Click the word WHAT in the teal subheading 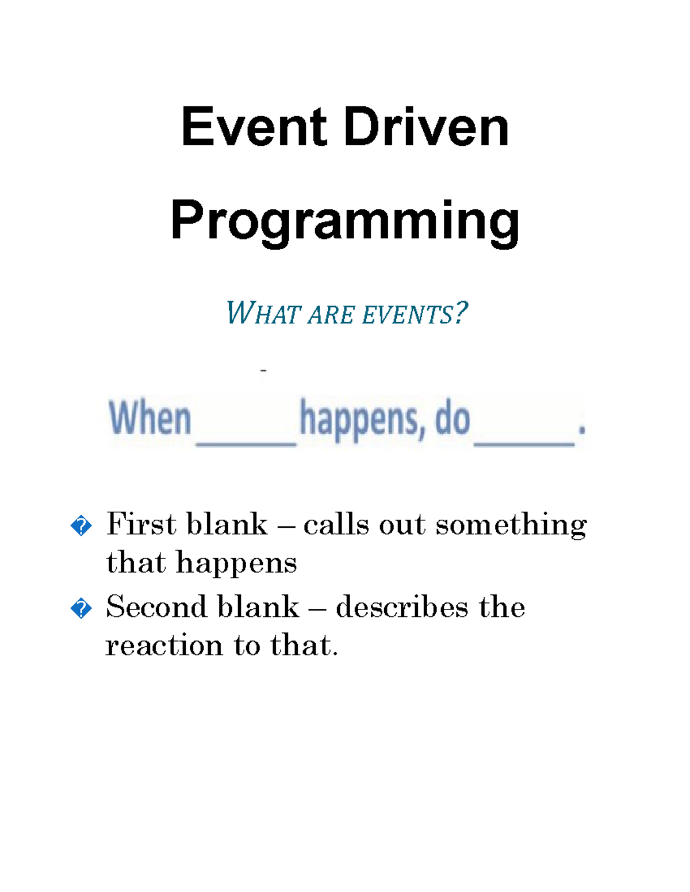263,314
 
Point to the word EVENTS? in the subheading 415,314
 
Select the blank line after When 246,443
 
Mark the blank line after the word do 524,443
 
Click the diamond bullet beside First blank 81,526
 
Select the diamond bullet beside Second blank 81,608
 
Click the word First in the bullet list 141,524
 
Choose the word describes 402,607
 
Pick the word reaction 164,646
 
